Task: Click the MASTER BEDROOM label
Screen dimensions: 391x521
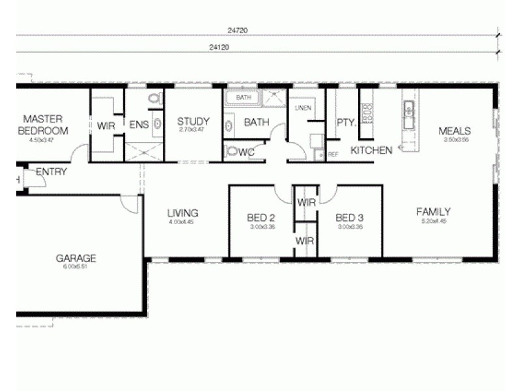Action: tap(43, 124)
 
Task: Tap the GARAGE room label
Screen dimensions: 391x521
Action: tap(76, 257)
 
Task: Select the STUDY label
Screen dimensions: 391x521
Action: tap(193, 121)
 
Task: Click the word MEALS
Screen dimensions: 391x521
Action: tap(455, 130)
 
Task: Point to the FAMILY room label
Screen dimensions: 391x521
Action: tap(434, 212)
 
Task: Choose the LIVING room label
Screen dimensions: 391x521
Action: tap(182, 213)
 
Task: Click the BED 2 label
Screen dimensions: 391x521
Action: tap(260, 218)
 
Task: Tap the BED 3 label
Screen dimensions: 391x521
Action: tap(349, 218)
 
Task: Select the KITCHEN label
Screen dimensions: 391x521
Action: tap(371, 151)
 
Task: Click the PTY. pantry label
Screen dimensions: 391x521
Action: tap(345, 123)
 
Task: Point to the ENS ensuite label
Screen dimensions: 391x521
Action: tap(138, 124)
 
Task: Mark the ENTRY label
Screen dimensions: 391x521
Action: tap(51, 172)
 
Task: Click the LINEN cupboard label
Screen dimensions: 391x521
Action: tap(303, 108)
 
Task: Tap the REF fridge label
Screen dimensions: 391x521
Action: tap(333, 154)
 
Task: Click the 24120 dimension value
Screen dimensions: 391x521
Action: tap(219, 48)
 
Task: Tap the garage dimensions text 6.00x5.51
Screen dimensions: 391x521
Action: tap(76, 267)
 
